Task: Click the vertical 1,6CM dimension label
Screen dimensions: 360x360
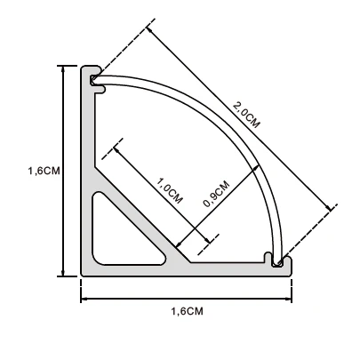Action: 44,171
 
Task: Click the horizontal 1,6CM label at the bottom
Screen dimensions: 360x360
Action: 188,311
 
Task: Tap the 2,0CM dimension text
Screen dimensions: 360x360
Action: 246,115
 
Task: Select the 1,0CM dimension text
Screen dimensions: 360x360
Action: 169,190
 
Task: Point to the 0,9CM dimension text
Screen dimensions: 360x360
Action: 216,194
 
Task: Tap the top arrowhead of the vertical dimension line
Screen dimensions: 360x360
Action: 62,68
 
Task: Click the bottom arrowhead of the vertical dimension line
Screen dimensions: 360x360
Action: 62,273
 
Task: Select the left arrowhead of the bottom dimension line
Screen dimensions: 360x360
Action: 84,299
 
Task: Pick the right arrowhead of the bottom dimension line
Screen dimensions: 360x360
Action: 288,299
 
